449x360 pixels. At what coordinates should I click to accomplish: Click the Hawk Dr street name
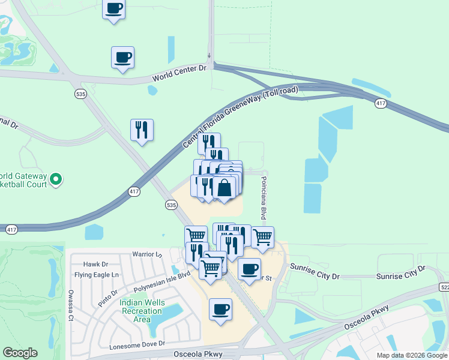coord(95,264)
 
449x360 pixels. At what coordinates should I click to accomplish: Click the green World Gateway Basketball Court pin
coord(56,179)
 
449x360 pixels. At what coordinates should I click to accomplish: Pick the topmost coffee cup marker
coord(113,8)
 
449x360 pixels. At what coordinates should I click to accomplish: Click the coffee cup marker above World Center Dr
coord(122,58)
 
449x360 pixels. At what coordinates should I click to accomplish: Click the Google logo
coord(20,353)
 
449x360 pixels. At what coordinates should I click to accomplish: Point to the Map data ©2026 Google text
coord(411,355)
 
